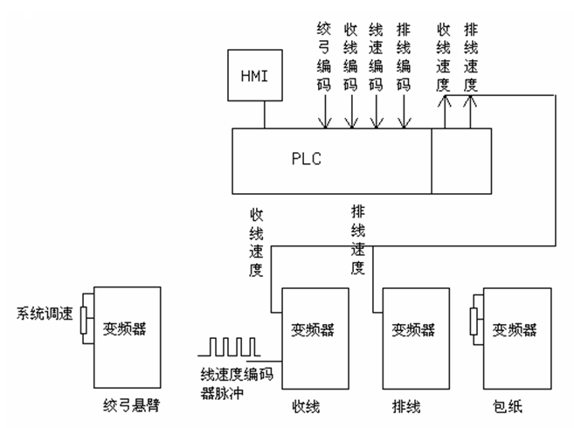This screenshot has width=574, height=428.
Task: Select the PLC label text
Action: [308, 161]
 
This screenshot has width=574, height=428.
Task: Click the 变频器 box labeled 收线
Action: [312, 331]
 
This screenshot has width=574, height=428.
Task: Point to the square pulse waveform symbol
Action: [229, 347]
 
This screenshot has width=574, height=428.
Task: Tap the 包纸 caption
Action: [509, 407]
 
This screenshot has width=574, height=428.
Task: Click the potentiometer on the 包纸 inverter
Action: [474, 319]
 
